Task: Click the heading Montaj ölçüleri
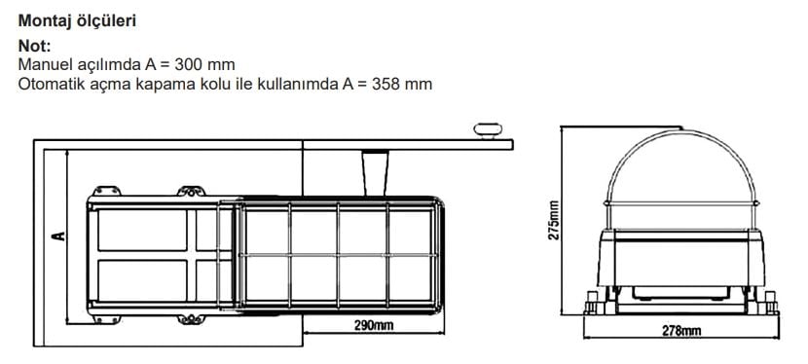(x=77, y=21)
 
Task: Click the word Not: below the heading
(x=34, y=46)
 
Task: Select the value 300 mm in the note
(x=204, y=65)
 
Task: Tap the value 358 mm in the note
(x=401, y=84)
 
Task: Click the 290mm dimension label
(x=373, y=325)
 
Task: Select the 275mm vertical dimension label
(x=554, y=220)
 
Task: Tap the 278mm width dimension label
(x=681, y=331)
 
